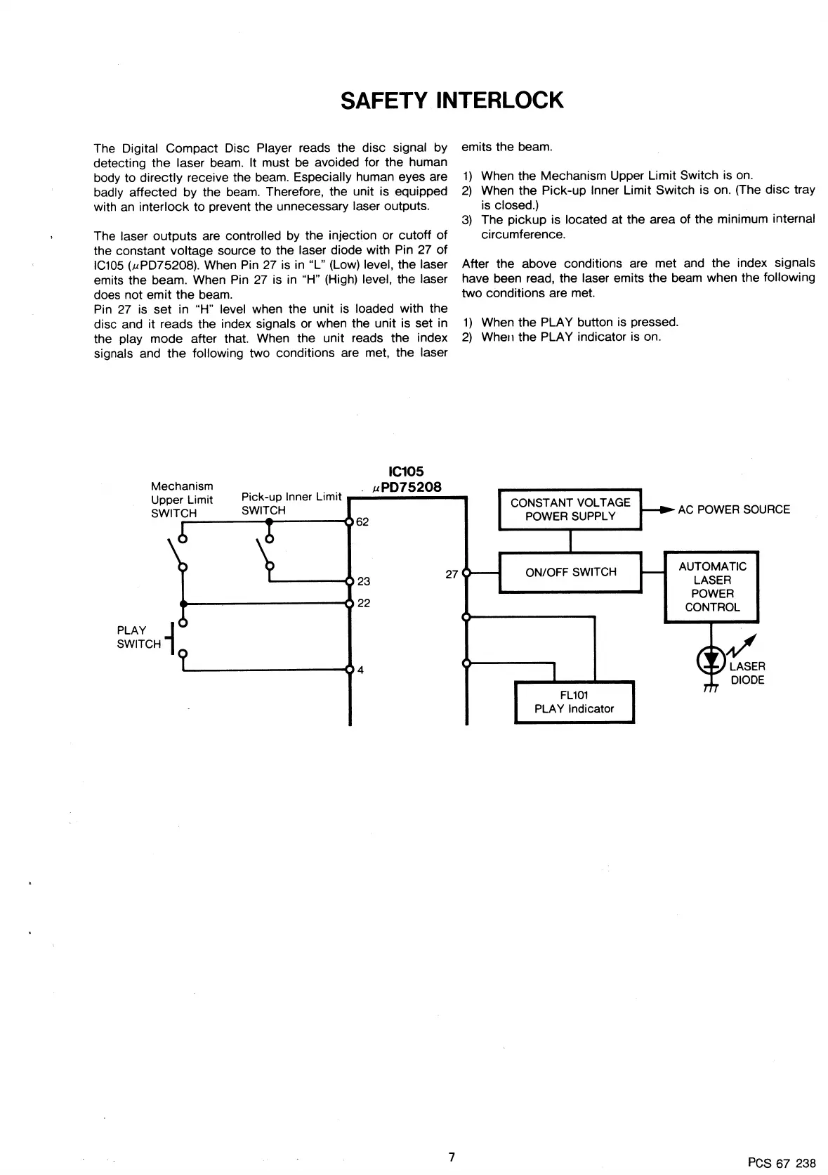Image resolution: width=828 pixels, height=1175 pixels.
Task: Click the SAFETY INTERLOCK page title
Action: [x=452, y=100]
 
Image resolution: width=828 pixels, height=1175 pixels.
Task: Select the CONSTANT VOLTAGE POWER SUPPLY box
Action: [x=570, y=509]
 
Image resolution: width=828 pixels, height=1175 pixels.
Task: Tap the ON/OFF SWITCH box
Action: [x=570, y=572]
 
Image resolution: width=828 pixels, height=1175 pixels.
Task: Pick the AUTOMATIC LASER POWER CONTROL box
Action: [x=711, y=587]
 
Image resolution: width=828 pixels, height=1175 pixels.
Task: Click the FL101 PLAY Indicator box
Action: [x=574, y=702]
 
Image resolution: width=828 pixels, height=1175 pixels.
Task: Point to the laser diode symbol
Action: [x=711, y=660]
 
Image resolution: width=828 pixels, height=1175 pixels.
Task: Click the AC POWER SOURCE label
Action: [x=733, y=509]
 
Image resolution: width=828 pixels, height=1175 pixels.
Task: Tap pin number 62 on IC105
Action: [x=362, y=522]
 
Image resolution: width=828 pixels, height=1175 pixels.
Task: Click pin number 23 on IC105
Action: [x=364, y=581]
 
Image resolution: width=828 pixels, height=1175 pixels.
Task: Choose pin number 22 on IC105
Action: [x=364, y=603]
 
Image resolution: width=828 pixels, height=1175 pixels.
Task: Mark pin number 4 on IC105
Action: [x=360, y=670]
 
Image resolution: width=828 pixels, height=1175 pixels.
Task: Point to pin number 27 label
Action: [x=452, y=574]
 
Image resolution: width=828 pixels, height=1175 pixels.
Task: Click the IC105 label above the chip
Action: [x=406, y=472]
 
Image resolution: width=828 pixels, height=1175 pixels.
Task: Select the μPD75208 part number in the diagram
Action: [x=407, y=487]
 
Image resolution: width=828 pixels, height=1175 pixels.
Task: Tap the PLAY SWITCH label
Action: [x=139, y=637]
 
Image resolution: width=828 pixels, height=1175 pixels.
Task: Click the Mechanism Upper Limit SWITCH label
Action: [x=182, y=500]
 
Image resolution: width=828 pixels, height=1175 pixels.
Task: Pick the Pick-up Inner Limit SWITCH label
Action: [x=291, y=503]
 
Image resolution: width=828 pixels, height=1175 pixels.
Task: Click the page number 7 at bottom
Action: [x=452, y=1157]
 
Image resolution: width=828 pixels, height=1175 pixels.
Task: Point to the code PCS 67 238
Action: [x=782, y=1162]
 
